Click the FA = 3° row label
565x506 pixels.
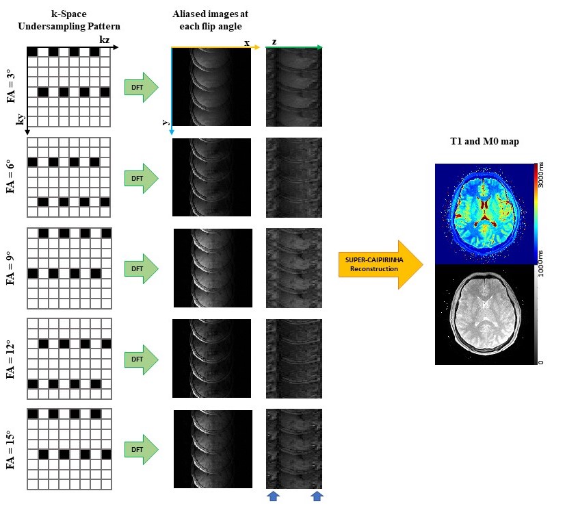pos(10,86)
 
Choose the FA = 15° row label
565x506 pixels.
pos(10,448)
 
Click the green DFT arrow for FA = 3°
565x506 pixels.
pos(140,88)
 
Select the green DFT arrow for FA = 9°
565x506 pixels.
pos(140,268)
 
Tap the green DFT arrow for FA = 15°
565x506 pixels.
pos(140,449)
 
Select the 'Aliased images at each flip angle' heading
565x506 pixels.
pos(213,20)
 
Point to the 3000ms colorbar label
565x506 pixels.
pos(541,179)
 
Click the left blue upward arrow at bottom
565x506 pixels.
pos(273,496)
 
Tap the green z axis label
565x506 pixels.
pos(274,42)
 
